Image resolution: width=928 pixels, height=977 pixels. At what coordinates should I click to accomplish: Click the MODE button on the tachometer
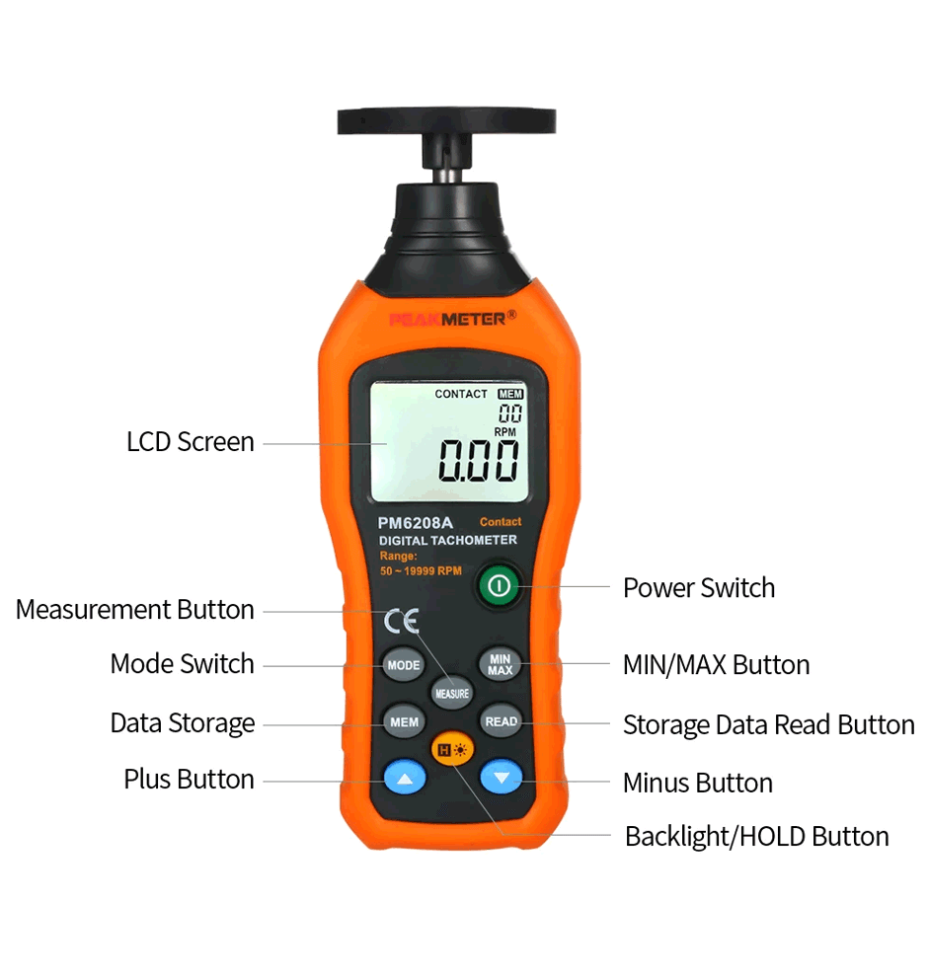[403, 665]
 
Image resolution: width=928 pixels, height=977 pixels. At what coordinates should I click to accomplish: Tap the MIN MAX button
[500, 664]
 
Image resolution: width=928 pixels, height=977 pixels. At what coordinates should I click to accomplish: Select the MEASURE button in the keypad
[452, 693]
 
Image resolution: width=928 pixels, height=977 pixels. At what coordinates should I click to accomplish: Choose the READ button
[501, 721]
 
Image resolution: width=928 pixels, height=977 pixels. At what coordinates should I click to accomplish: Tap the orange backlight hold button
[452, 750]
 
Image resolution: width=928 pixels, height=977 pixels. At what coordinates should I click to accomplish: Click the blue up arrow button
[405, 778]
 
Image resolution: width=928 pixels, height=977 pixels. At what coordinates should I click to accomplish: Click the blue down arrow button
[502, 777]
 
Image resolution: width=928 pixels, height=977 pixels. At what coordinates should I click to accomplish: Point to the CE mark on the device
[401, 621]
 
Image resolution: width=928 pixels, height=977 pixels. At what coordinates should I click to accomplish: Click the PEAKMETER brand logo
[452, 319]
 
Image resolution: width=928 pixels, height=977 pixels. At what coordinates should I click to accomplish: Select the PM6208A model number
[415, 523]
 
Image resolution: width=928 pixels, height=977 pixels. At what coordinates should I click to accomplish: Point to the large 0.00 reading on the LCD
[478, 461]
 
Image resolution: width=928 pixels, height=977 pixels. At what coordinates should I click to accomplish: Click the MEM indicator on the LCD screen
[510, 395]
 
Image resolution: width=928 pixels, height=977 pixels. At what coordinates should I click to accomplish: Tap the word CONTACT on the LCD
[461, 394]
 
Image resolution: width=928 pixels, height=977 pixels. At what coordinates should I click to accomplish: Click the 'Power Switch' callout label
[699, 587]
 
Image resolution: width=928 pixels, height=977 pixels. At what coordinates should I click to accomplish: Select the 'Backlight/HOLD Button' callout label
[756, 836]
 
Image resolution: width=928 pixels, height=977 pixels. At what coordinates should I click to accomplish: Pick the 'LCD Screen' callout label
[191, 442]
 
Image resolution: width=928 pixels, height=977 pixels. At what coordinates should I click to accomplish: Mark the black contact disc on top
[446, 120]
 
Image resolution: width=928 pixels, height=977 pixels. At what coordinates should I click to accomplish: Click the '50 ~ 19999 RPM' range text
[421, 570]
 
